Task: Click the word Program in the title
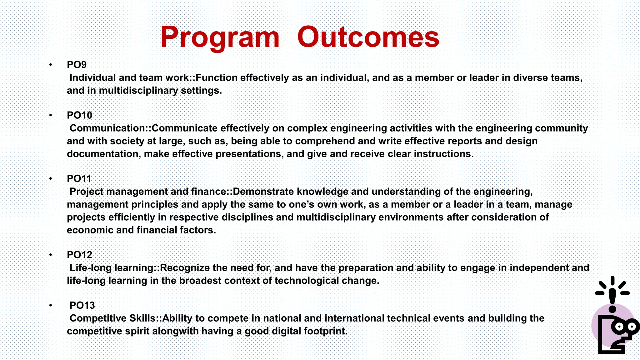click(x=220, y=37)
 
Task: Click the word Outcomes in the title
click(x=368, y=37)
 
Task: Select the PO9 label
click(x=77, y=65)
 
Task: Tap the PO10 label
click(x=79, y=115)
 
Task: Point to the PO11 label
click(x=79, y=179)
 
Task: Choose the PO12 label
click(x=79, y=255)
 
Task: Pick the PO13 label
click(x=82, y=305)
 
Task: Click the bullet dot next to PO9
click(x=50, y=65)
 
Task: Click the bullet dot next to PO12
click(x=50, y=255)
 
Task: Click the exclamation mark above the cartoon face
click(x=612, y=297)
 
